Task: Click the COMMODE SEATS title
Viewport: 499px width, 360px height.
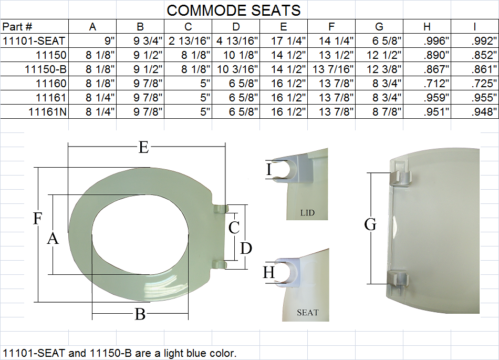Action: click(x=234, y=11)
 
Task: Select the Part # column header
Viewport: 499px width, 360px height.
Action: click(x=17, y=27)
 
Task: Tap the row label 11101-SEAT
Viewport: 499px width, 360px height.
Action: click(x=34, y=41)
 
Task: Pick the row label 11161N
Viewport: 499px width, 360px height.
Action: click(x=48, y=112)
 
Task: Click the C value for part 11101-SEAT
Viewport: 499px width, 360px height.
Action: click(x=189, y=41)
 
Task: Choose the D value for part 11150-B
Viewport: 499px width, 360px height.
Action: click(x=237, y=69)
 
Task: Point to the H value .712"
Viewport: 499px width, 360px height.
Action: click(x=436, y=84)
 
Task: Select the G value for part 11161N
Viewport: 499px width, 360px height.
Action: click(x=387, y=112)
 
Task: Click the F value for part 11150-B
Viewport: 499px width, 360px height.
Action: click(x=333, y=69)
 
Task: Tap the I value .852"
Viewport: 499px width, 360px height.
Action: click(x=484, y=55)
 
